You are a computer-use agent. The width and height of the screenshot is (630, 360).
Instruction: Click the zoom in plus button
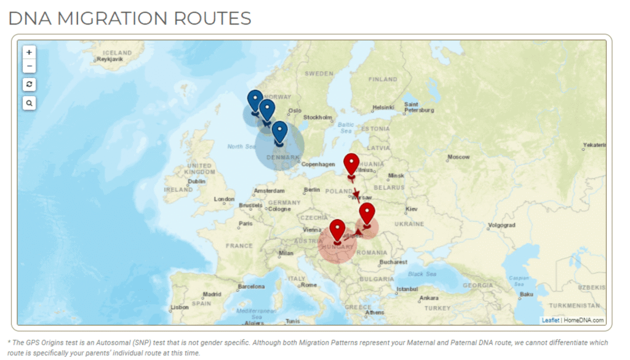pos(29,52)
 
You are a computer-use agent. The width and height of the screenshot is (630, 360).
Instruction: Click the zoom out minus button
pos(29,66)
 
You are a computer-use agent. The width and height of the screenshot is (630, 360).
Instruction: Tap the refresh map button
pos(29,84)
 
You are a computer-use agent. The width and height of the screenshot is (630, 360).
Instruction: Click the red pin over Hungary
pos(337,230)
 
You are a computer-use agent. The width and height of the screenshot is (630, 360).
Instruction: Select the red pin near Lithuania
pos(351,164)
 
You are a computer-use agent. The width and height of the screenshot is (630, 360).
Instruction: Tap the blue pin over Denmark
pos(280,131)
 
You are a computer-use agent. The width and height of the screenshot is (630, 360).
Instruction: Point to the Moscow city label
pos(458,157)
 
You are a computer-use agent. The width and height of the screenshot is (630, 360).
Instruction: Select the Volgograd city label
pos(501,225)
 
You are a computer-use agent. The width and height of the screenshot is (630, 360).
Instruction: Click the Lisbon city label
pos(180,307)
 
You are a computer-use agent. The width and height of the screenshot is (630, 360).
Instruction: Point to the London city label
pos(224,199)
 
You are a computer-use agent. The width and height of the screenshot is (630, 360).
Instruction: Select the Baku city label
pos(527,294)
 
